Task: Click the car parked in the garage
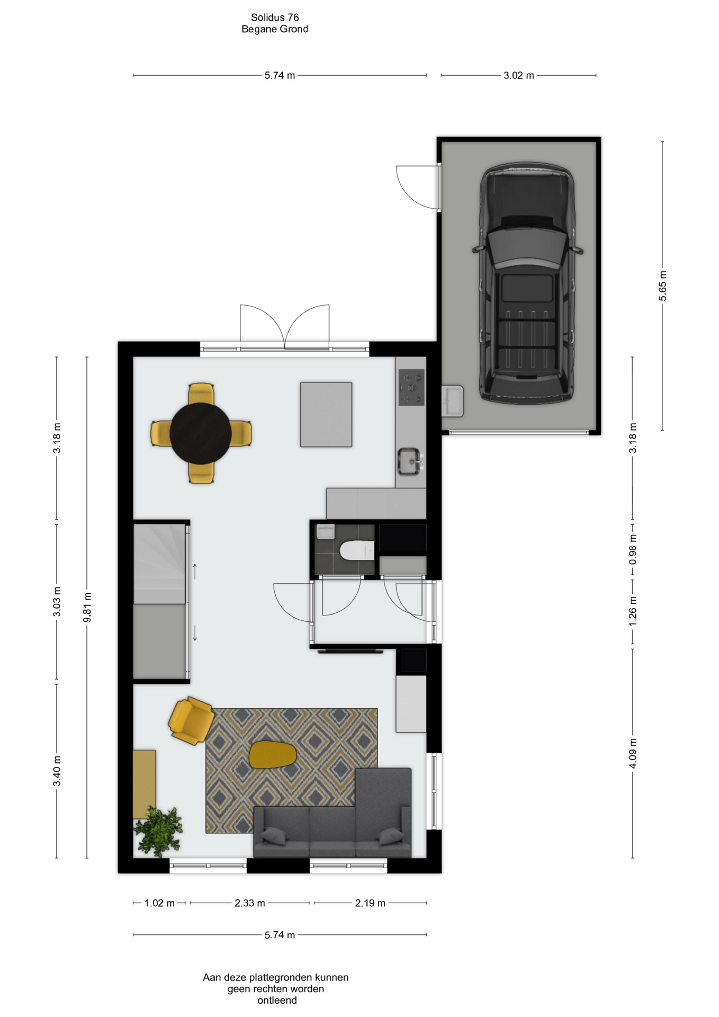(527, 283)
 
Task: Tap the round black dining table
(201, 433)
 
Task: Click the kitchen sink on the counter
(410, 461)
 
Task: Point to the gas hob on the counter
(411, 387)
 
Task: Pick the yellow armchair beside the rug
(191, 720)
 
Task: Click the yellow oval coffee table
(272, 754)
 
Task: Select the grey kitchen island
(326, 415)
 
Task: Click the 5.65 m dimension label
(662, 286)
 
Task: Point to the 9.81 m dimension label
(87, 607)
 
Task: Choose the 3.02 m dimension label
(519, 75)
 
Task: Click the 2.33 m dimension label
(250, 903)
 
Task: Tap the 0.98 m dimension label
(633, 549)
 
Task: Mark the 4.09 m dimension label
(633, 753)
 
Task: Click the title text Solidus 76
(275, 17)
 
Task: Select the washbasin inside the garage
(452, 401)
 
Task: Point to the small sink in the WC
(325, 531)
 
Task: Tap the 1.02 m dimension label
(159, 903)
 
